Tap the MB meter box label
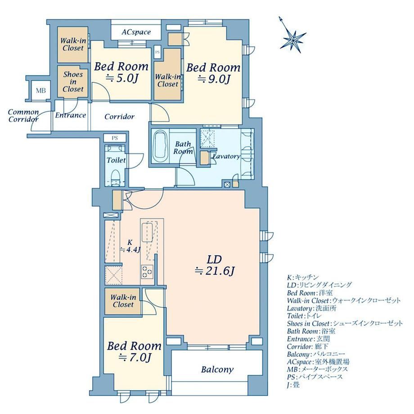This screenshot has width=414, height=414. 40,91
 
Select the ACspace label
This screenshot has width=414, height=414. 136,32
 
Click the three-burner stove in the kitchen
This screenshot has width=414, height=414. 147,271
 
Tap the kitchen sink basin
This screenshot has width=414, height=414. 147,232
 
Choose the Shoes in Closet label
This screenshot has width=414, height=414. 73,82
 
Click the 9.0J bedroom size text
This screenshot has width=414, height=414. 214,79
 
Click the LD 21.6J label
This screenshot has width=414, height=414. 214,265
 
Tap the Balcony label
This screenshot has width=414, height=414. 217,369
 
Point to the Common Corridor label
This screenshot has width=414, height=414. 23,116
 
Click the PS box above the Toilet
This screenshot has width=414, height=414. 115,138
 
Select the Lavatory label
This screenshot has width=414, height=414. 226,156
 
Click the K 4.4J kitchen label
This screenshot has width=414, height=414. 130,246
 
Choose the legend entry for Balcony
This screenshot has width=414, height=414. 316,354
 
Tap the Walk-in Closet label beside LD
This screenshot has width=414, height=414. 123,301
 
